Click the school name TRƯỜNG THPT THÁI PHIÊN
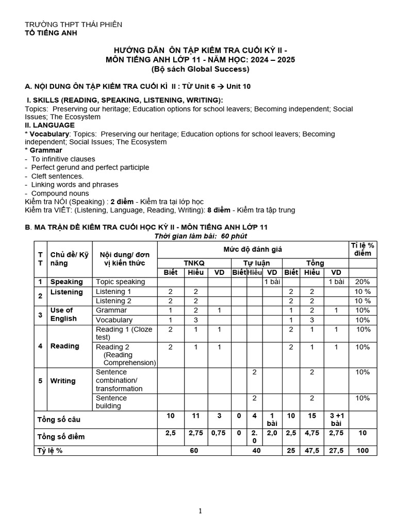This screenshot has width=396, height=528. (x=74, y=25)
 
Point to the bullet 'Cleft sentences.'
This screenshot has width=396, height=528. (x=57, y=176)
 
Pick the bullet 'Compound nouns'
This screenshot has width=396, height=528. (x=57, y=193)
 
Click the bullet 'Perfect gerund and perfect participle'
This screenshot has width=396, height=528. (x=90, y=168)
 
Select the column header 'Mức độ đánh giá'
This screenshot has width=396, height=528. (x=253, y=250)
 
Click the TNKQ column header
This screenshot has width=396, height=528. (x=194, y=263)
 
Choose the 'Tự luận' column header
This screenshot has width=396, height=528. (x=256, y=263)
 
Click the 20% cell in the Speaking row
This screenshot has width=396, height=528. (x=362, y=282)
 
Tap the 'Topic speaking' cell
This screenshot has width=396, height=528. (x=120, y=282)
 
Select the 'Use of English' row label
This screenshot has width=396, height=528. (x=62, y=315)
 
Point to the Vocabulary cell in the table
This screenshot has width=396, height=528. (x=114, y=320)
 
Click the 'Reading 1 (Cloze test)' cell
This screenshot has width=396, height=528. (x=124, y=333)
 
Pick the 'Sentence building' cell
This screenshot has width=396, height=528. (x=111, y=402)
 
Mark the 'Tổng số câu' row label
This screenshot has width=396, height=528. (x=58, y=420)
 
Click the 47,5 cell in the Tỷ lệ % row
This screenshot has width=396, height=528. (x=312, y=450)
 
